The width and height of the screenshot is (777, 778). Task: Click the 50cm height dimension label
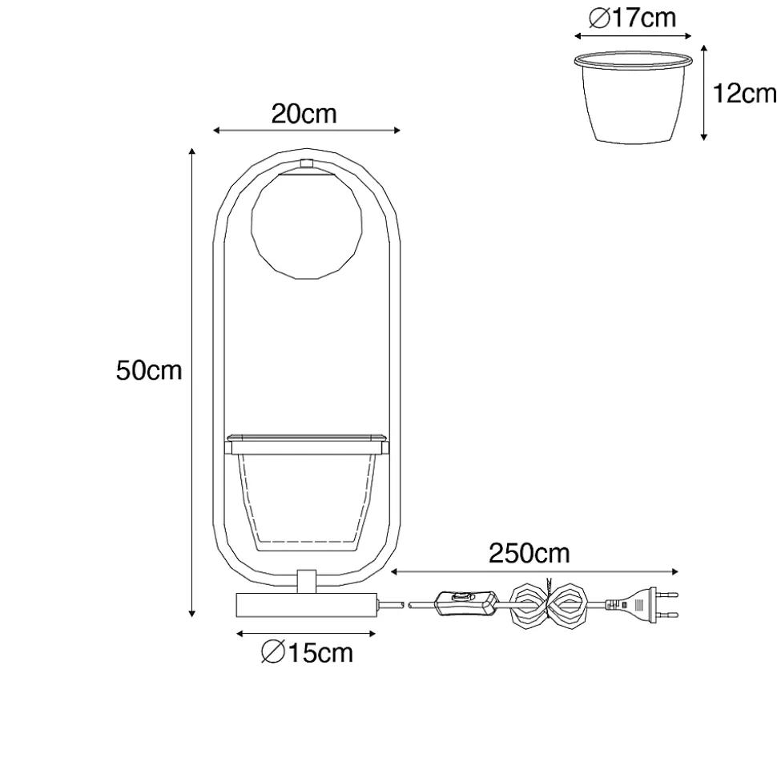coord(149,370)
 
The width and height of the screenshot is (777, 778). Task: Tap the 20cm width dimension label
coord(304,114)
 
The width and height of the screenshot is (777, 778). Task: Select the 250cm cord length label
coord(529,553)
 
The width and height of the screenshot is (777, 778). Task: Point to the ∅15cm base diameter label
coord(307,652)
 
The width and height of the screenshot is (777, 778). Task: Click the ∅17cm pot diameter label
coord(632,18)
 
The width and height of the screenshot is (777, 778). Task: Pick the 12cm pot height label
coord(744,93)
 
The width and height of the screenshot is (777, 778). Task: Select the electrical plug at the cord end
coord(641,604)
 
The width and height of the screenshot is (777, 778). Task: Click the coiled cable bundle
coord(550,605)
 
